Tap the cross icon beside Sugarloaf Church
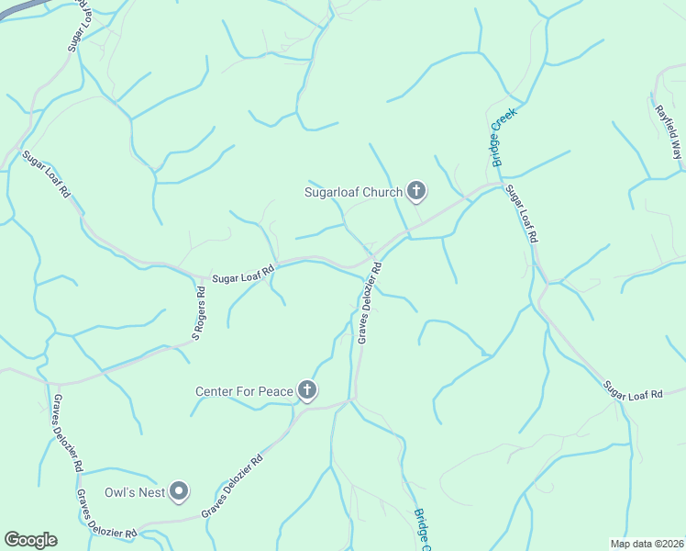click(x=416, y=191)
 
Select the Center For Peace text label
click(x=244, y=391)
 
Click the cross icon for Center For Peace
click(x=307, y=391)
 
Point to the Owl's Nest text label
click(x=134, y=492)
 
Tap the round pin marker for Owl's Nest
click(x=180, y=492)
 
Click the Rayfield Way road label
click(x=668, y=133)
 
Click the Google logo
click(x=30, y=540)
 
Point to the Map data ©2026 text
click(x=647, y=544)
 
